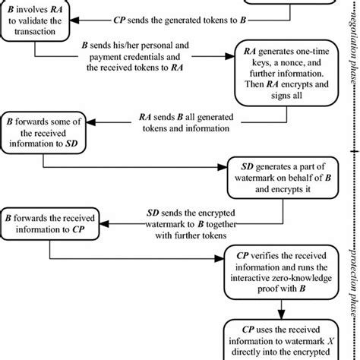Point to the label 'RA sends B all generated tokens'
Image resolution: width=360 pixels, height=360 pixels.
coord(173,124)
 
